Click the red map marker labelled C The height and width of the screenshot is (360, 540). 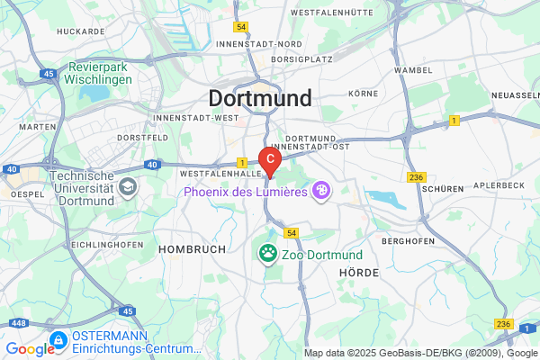point(271,157)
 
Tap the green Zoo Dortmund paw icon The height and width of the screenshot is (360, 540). point(268,254)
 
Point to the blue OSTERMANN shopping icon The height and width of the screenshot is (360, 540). point(58,340)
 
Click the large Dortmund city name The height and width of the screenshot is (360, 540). point(260,98)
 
